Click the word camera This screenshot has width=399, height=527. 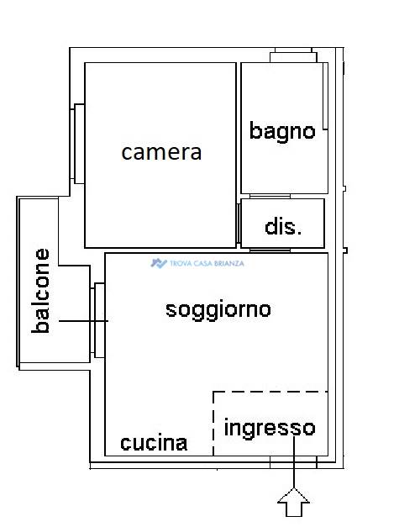point(161,153)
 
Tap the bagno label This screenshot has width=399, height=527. point(282,132)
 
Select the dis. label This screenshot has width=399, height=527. point(283,227)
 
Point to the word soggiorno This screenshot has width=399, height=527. point(218,310)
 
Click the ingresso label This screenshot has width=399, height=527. point(270,428)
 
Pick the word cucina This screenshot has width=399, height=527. point(154,443)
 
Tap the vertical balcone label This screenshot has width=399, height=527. point(40,291)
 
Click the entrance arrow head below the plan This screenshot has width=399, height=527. point(293,502)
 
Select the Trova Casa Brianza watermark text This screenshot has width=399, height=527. point(207,264)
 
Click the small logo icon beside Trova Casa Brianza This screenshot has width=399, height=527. point(159,263)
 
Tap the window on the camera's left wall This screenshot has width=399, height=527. point(77,144)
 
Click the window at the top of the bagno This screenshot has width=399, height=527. point(293,55)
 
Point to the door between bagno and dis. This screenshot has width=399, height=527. point(270,196)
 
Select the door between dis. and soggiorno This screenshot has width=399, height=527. point(270,250)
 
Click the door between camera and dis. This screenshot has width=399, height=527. point(239,224)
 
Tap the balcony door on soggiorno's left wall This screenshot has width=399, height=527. point(97,320)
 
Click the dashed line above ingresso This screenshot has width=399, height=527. point(270,392)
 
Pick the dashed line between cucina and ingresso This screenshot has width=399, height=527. point(213,424)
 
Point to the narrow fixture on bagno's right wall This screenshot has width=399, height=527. point(325,96)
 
